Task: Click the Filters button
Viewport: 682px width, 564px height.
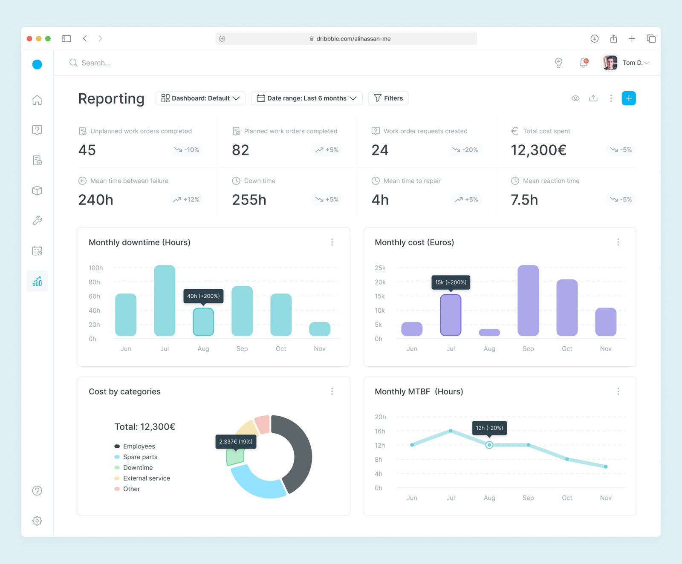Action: point(388,98)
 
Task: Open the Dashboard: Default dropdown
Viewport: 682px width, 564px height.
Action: point(201,98)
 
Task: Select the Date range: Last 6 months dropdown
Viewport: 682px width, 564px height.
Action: point(307,98)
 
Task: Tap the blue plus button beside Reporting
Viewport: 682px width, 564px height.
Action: point(629,98)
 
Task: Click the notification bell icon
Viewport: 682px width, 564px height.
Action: point(584,63)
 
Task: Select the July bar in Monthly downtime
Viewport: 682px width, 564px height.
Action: point(165,301)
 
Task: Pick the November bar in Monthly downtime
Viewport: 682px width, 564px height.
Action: point(320,329)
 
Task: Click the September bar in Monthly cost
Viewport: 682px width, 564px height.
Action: point(528,301)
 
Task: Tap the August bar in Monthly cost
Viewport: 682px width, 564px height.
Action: point(489,333)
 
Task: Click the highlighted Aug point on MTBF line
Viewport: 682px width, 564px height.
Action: point(489,445)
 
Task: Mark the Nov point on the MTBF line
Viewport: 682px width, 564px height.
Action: point(606,466)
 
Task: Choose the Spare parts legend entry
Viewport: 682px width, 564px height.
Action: point(136,457)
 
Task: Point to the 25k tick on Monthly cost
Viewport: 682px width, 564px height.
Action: point(380,268)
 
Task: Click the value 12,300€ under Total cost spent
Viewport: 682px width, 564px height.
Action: point(538,150)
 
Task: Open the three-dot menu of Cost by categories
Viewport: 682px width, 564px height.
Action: point(332,391)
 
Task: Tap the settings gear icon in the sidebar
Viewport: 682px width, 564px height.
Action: point(37,521)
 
